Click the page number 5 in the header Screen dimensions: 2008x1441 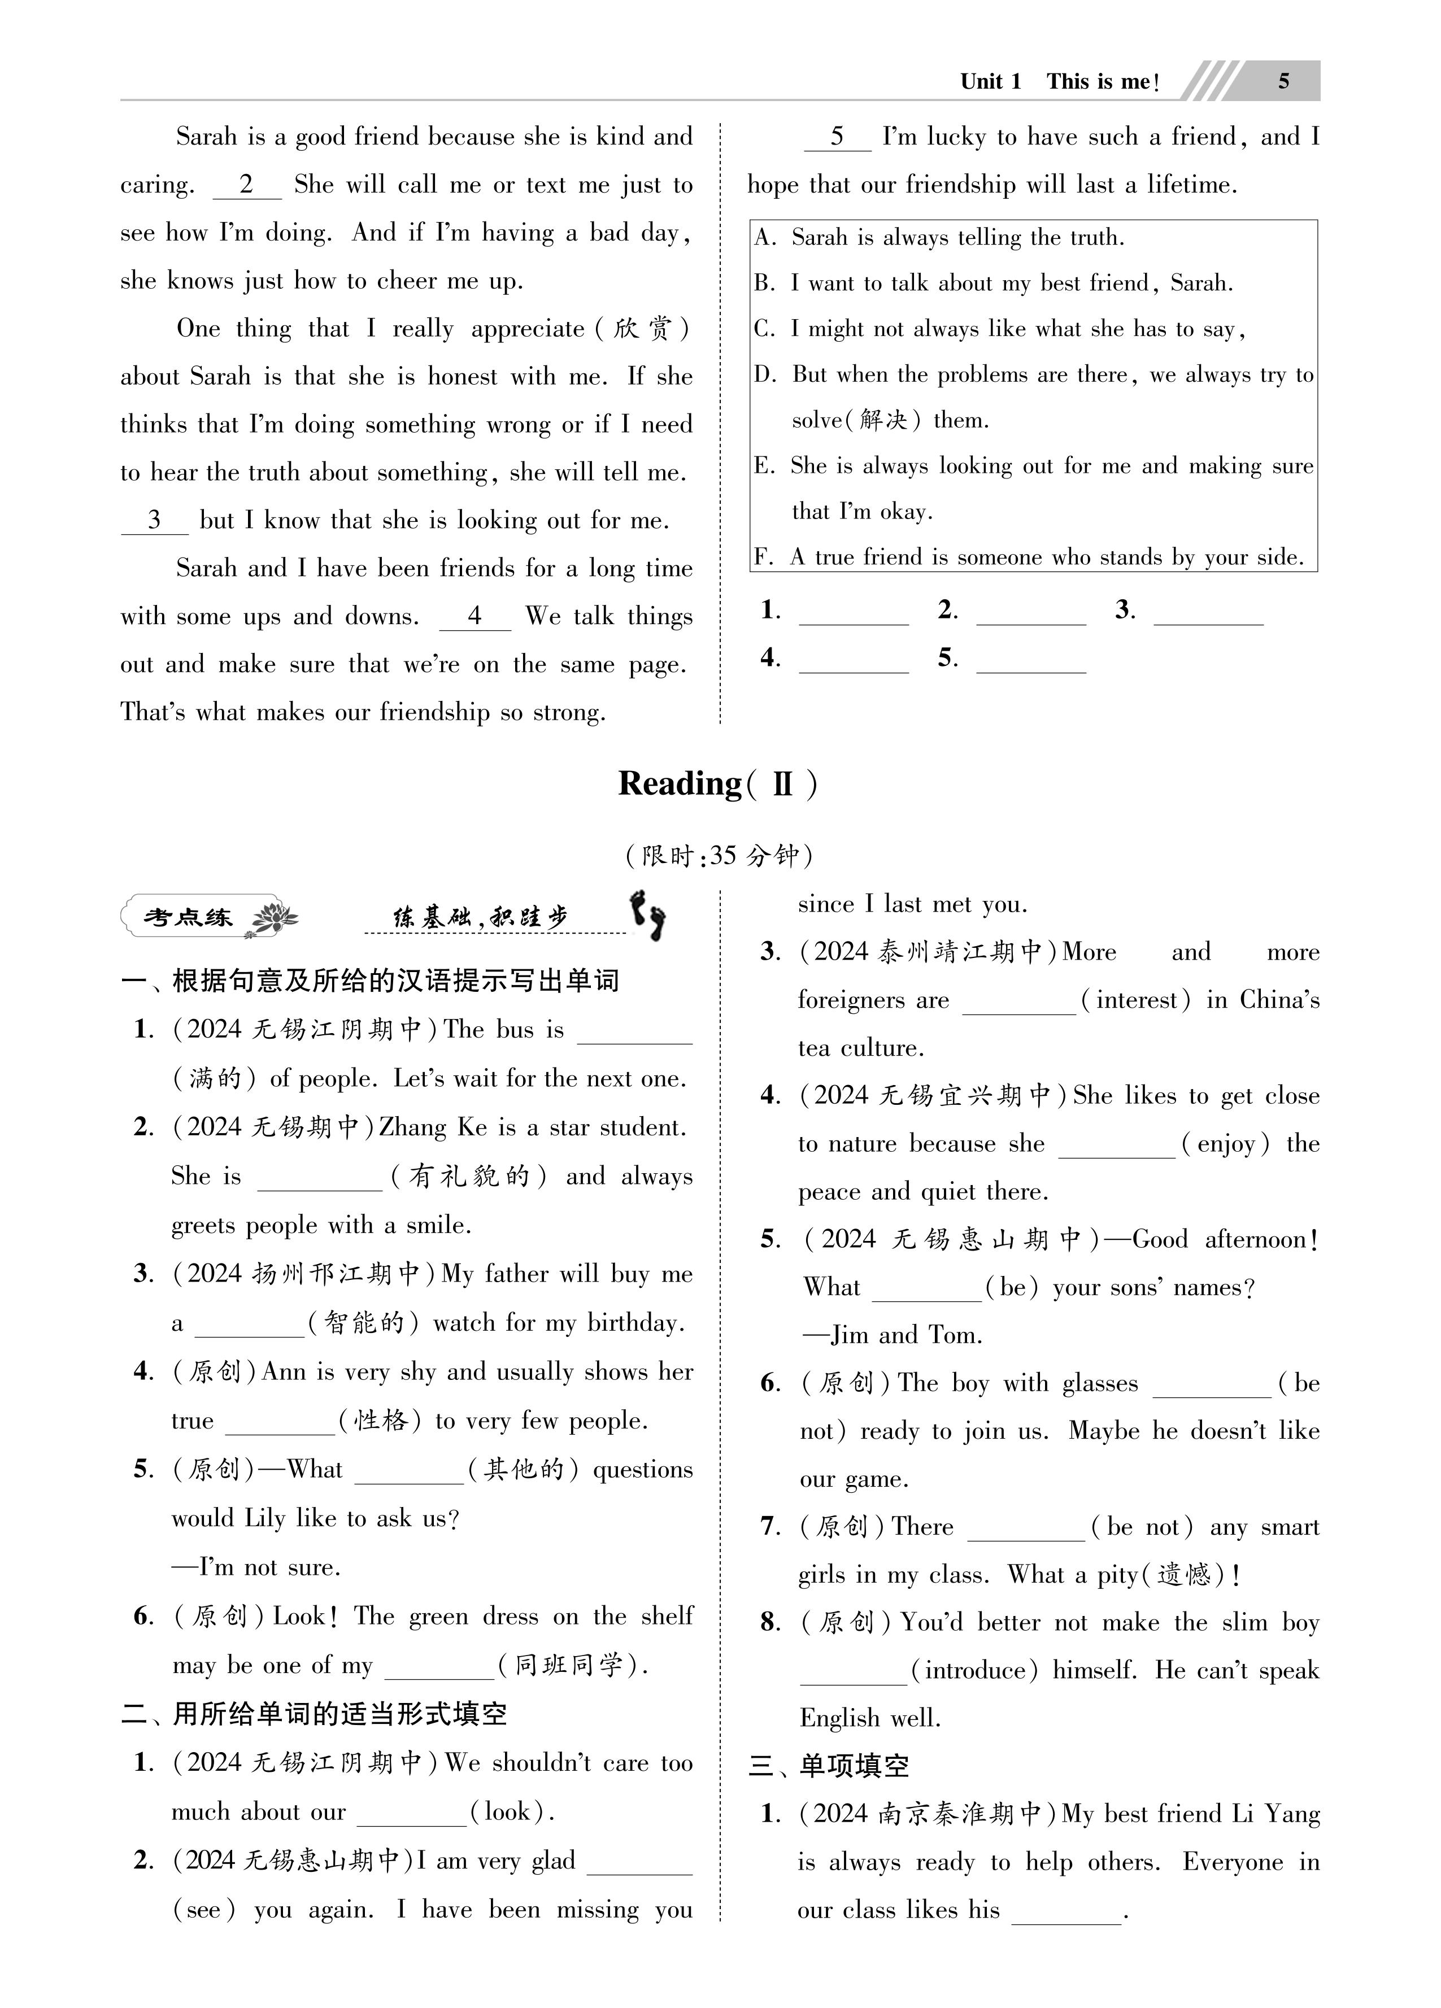[1283, 81]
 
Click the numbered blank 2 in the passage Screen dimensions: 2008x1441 [246, 185]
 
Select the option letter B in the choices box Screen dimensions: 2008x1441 [764, 284]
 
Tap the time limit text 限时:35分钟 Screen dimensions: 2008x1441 [719, 855]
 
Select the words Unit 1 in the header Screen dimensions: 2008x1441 [990, 81]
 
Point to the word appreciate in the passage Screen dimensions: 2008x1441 [528, 329]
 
